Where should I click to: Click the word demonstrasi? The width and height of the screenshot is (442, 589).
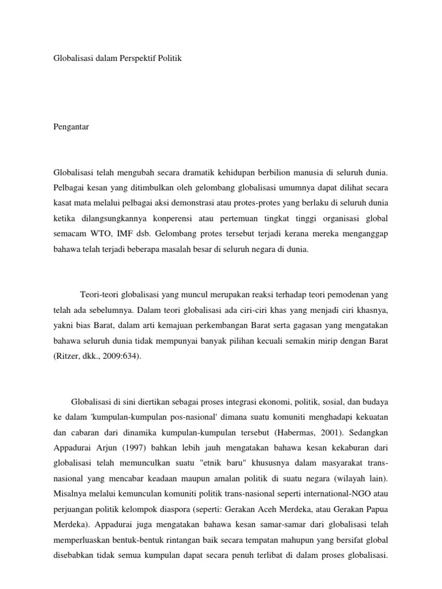pos(228,203)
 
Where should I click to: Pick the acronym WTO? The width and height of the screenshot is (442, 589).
pos(100,234)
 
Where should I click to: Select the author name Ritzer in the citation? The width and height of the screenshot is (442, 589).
pos(67,357)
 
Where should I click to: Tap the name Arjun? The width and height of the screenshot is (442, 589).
pos(119,448)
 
